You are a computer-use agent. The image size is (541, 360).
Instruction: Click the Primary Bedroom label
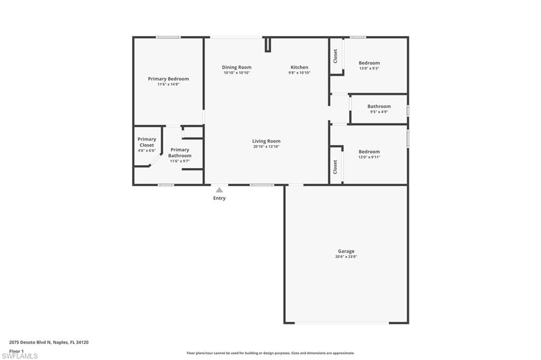click(x=168, y=79)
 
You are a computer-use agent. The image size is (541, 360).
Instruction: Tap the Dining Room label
click(x=236, y=67)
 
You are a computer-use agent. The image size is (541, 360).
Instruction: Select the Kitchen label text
click(x=299, y=67)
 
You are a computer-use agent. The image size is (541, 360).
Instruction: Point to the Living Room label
click(x=266, y=141)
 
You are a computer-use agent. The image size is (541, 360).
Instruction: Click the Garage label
click(x=346, y=251)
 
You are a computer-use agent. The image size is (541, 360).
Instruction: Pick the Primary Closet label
click(x=147, y=142)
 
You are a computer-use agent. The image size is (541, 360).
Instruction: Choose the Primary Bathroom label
click(x=180, y=153)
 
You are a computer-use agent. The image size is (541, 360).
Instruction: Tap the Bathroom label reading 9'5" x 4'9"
click(x=379, y=106)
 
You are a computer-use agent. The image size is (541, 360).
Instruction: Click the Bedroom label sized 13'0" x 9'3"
click(x=369, y=63)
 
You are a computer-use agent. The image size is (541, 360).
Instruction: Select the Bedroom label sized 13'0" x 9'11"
click(x=369, y=151)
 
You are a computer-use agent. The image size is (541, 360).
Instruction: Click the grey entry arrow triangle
click(x=219, y=190)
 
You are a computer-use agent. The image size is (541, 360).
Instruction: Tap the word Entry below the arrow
click(x=219, y=198)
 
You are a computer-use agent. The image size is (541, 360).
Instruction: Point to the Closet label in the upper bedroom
click(x=335, y=56)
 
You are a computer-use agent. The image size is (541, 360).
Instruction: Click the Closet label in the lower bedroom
click(x=335, y=167)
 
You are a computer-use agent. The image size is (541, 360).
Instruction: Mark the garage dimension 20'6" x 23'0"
click(x=346, y=257)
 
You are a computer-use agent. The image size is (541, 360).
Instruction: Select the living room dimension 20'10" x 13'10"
click(x=266, y=147)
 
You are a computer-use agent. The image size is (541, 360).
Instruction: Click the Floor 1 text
click(x=16, y=351)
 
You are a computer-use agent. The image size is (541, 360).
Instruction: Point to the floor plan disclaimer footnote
click(x=270, y=353)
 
